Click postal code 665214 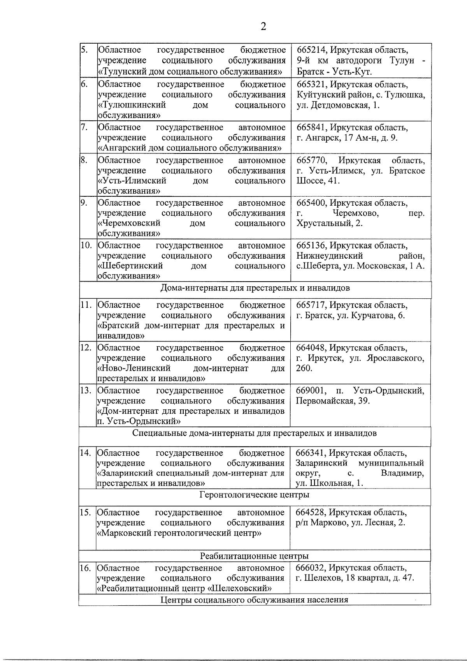[311, 50]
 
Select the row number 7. [83, 127]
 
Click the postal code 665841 [311, 128]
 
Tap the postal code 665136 [311, 246]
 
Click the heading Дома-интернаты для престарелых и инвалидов [255, 288]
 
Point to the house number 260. [304, 368]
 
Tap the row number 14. [85, 453]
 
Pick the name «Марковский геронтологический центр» [179, 533]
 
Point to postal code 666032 [311, 568]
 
